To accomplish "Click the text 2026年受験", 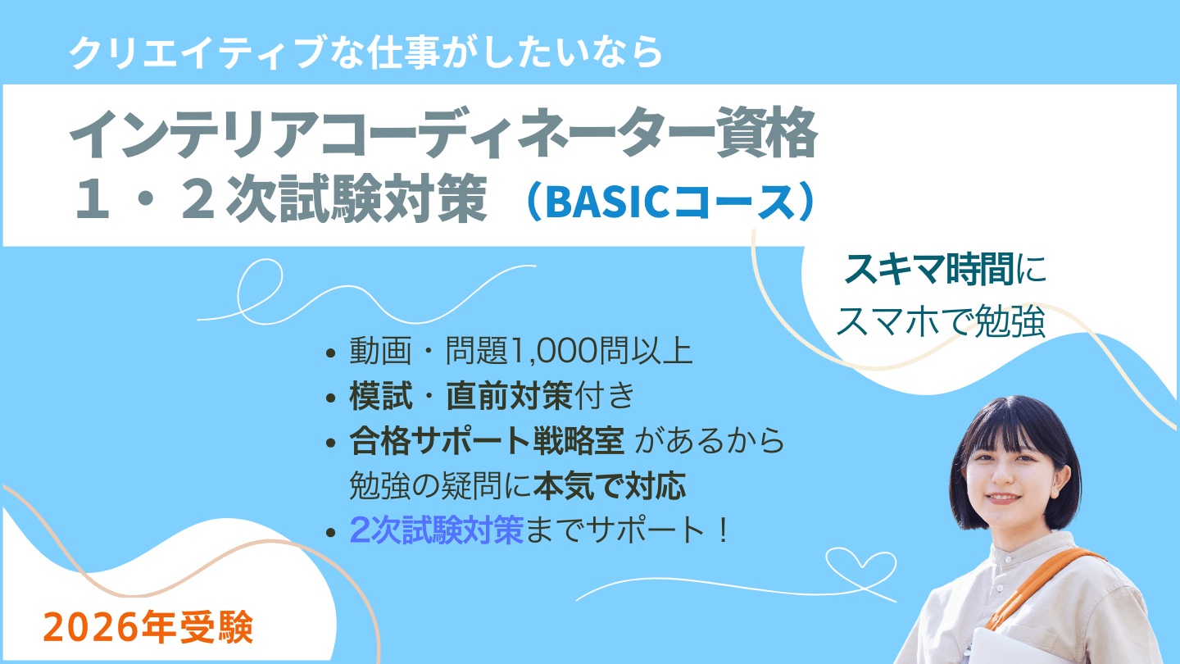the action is coord(148,628).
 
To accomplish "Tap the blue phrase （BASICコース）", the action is coord(670,202).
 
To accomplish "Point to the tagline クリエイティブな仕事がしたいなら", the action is coord(365,52).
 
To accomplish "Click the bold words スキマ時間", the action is coord(928,269).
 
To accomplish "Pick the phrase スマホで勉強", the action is coord(941,321).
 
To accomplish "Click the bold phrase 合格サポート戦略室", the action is coord(487,440).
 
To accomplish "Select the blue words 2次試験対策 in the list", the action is coord(436,530).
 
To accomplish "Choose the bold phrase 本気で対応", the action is coord(610,485).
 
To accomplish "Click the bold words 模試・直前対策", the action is coord(461,396).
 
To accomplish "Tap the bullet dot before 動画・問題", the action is coord(331,352).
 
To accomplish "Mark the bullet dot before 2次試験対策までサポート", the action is coord(331,532).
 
